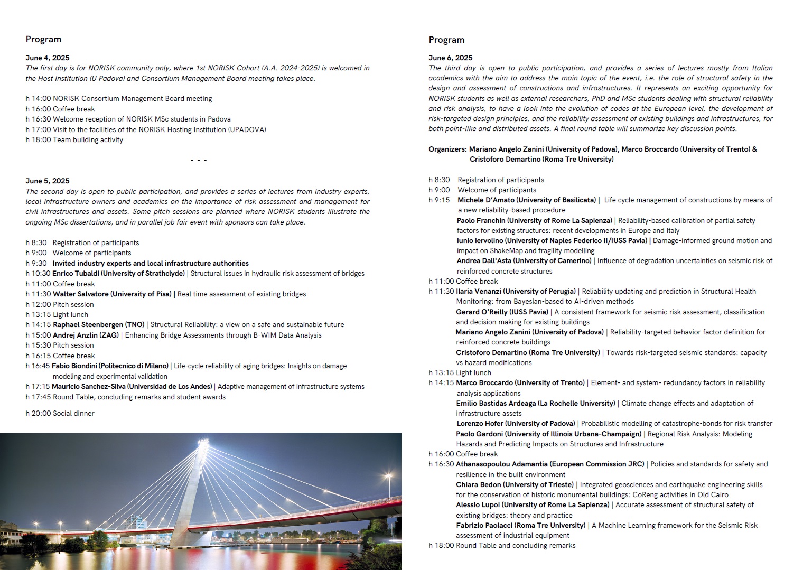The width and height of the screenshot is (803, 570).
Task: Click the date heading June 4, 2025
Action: (x=48, y=58)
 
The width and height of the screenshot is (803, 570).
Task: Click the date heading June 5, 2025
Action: (x=48, y=181)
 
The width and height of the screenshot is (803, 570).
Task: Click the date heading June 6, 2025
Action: (x=451, y=58)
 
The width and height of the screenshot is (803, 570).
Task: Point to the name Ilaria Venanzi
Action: (x=479, y=291)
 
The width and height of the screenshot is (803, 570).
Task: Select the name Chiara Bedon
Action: (x=479, y=484)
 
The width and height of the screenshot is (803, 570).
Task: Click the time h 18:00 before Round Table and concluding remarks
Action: (x=441, y=545)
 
